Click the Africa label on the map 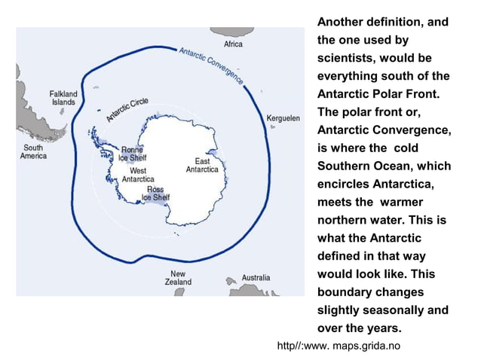[x=234, y=44]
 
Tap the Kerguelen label [x=283, y=118]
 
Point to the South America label [x=33, y=151]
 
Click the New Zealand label [x=178, y=278]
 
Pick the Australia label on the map [x=256, y=278]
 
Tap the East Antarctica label [x=202, y=165]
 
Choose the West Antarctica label [x=138, y=175]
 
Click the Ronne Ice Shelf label [x=132, y=154]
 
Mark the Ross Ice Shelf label [x=155, y=194]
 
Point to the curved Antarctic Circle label [x=127, y=109]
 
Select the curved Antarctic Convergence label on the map [x=211, y=65]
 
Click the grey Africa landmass [x=231, y=32]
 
